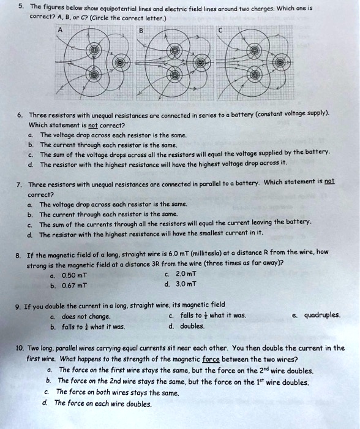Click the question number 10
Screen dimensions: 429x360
(22, 347)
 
